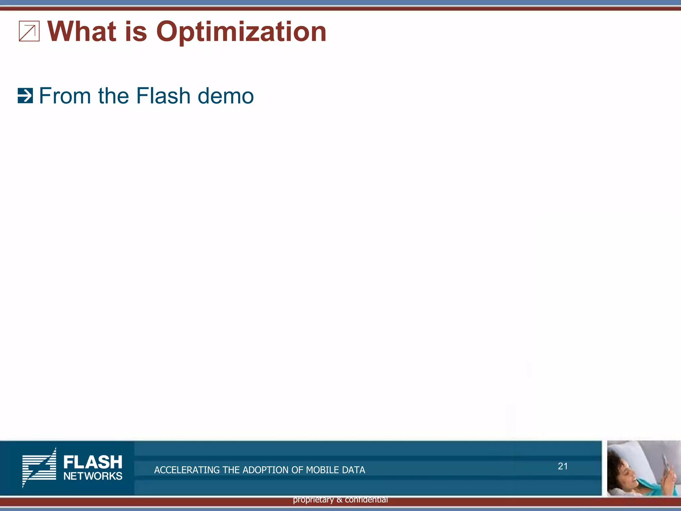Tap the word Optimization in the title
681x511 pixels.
click(x=241, y=32)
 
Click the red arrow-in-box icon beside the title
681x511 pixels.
click(x=29, y=31)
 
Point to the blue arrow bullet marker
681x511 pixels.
click(x=25, y=96)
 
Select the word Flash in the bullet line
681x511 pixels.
click(x=163, y=96)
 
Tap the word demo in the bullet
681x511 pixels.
click(x=226, y=96)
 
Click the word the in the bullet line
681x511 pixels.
click(x=113, y=96)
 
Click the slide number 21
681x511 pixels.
click(x=563, y=466)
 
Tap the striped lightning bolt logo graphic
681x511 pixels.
click(x=40, y=467)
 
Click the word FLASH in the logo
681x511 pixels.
click(x=93, y=462)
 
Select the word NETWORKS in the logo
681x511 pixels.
click(x=93, y=476)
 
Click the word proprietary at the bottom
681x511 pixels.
click(x=313, y=500)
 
